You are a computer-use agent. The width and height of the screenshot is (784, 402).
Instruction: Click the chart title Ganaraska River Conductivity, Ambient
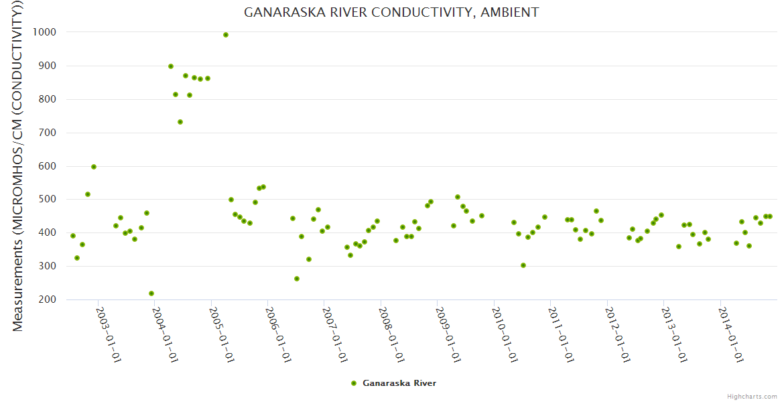(391, 12)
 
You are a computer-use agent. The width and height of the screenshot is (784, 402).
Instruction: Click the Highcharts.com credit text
(752, 396)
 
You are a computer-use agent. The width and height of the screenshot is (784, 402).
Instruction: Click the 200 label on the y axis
(47, 299)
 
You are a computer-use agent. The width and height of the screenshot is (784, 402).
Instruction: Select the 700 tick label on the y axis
(47, 133)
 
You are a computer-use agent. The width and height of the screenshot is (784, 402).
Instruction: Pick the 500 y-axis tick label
(47, 200)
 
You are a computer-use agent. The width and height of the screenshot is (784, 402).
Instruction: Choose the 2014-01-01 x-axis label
(731, 335)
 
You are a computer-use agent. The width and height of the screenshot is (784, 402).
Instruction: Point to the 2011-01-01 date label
(561, 335)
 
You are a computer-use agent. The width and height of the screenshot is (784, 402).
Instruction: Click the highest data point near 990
(226, 35)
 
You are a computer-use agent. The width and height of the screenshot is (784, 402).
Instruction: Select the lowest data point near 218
(151, 293)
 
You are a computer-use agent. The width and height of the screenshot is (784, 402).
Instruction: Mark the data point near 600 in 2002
(94, 167)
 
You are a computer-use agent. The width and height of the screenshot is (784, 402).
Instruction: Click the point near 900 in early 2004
(171, 66)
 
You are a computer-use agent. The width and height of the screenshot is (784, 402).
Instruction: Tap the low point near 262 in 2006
(297, 279)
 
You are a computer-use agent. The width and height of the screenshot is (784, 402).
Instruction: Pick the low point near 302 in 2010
(523, 265)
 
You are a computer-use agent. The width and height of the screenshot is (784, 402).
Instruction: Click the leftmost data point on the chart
(73, 236)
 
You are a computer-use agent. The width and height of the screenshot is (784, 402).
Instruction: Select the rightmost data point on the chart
(770, 216)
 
